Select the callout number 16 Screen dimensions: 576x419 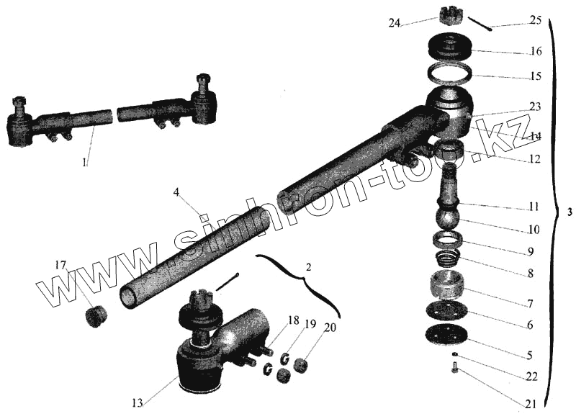(x=534, y=51)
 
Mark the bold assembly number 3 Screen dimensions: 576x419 (x=570, y=213)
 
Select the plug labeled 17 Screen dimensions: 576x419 (x=96, y=315)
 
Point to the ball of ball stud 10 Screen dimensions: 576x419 (x=449, y=216)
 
